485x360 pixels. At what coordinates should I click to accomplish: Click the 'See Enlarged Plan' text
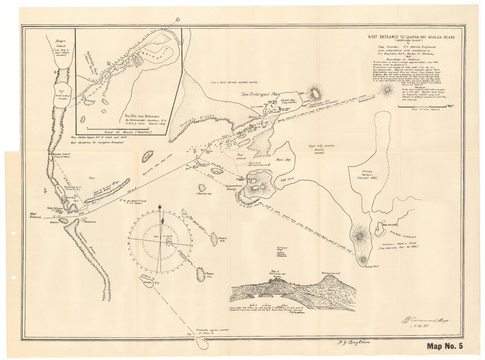pyautogui.click(x=258, y=94)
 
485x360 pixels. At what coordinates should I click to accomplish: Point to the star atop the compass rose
pyautogui.click(x=160, y=207)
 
